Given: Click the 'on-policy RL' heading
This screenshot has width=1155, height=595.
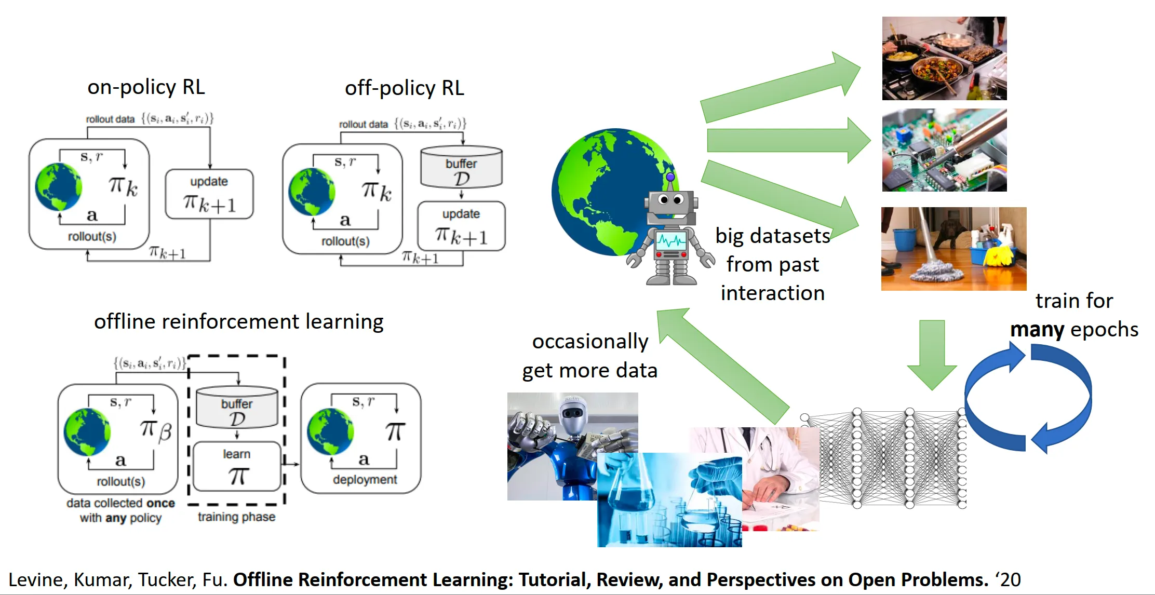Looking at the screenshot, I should tap(146, 87).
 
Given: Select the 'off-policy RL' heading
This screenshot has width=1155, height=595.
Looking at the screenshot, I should tap(404, 88).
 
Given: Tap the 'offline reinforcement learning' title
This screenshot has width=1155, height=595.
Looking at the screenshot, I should tap(238, 321).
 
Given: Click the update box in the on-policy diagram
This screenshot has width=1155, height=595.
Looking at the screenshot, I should tap(209, 194).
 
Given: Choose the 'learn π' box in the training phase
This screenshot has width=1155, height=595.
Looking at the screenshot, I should tap(237, 466).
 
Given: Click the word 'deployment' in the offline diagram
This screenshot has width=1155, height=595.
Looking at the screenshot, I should tap(365, 479).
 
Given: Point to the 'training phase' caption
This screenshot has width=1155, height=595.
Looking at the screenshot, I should tap(236, 517).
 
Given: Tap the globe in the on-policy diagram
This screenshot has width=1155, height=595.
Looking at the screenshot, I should tap(58, 187).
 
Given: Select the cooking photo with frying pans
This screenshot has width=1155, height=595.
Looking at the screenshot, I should tap(944, 58).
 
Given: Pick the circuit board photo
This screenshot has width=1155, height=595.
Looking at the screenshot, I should tap(944, 150).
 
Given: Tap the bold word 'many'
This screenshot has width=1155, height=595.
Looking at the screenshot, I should tap(1037, 329).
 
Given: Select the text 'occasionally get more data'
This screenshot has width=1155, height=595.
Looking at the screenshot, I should tap(590, 356).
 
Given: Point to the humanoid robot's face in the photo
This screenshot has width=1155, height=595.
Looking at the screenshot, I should tap(573, 413).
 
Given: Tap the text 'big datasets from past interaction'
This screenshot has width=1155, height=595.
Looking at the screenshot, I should tap(772, 264).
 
